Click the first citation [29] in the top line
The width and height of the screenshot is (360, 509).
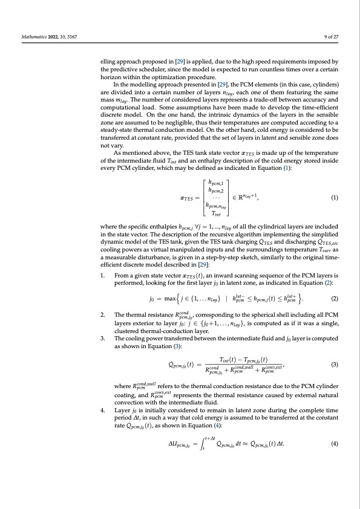point(180,62)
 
